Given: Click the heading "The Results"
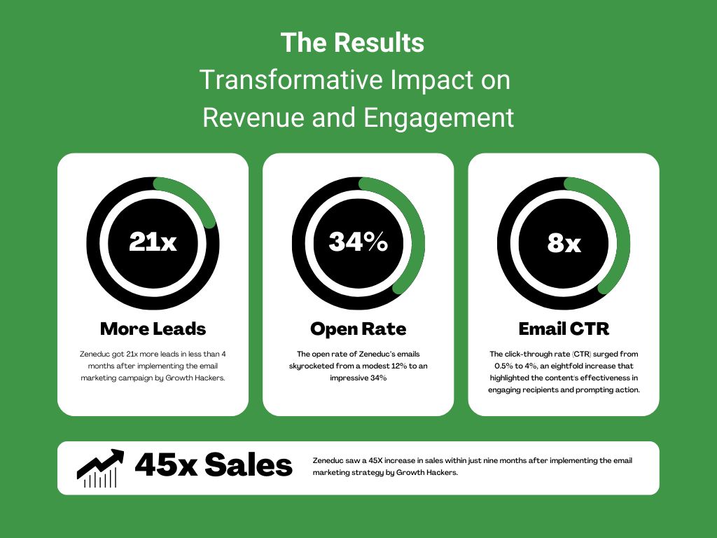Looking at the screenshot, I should pos(352,43).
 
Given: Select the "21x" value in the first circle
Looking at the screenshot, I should pos(153,242).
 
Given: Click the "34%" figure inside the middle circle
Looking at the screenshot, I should pos(358,242).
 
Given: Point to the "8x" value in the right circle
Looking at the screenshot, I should pos(564,243).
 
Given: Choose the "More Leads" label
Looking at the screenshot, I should pos(153,329).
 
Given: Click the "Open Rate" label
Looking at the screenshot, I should pos(358,329).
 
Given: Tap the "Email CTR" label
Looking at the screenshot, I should pos(564,329).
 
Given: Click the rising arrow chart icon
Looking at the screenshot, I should pos(99,468).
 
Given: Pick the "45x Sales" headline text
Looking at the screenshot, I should pos(214,465).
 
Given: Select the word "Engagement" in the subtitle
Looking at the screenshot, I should pos(438,118).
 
